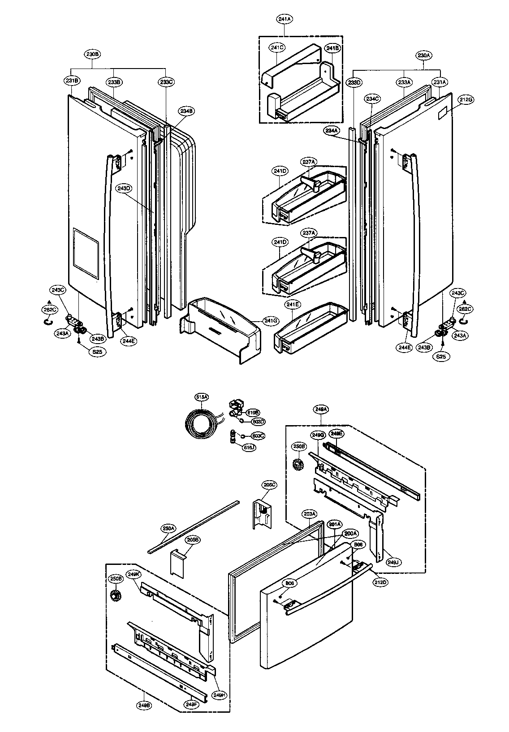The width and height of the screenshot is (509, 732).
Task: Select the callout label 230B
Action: [x=93, y=54]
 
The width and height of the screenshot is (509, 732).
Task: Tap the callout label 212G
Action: [x=466, y=100]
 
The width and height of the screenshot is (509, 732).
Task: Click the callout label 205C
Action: [x=270, y=484]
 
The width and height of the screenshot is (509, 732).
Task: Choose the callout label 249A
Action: [x=322, y=409]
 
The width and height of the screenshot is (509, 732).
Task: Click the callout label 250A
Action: [x=168, y=529]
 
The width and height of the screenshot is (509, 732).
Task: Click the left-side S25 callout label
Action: [x=97, y=352]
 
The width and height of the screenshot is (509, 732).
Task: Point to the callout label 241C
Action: [x=277, y=47]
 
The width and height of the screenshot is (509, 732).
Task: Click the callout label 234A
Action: [x=332, y=130]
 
